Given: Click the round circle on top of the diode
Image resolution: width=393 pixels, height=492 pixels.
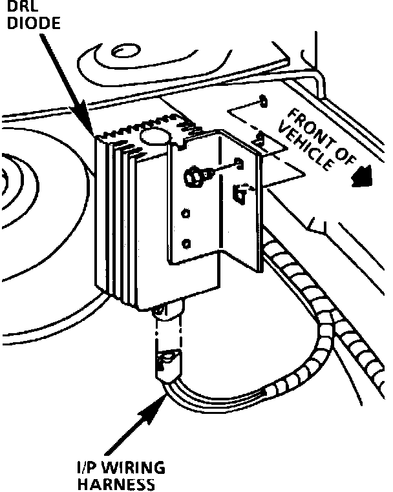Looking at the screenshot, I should coord(156,134).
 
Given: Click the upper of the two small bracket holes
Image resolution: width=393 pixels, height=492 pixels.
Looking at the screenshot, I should coord(187,214).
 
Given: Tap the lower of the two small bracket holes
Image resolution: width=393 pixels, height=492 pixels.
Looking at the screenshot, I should coord(187,243).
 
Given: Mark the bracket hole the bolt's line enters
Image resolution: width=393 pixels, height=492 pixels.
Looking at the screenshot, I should coord(239,163).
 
